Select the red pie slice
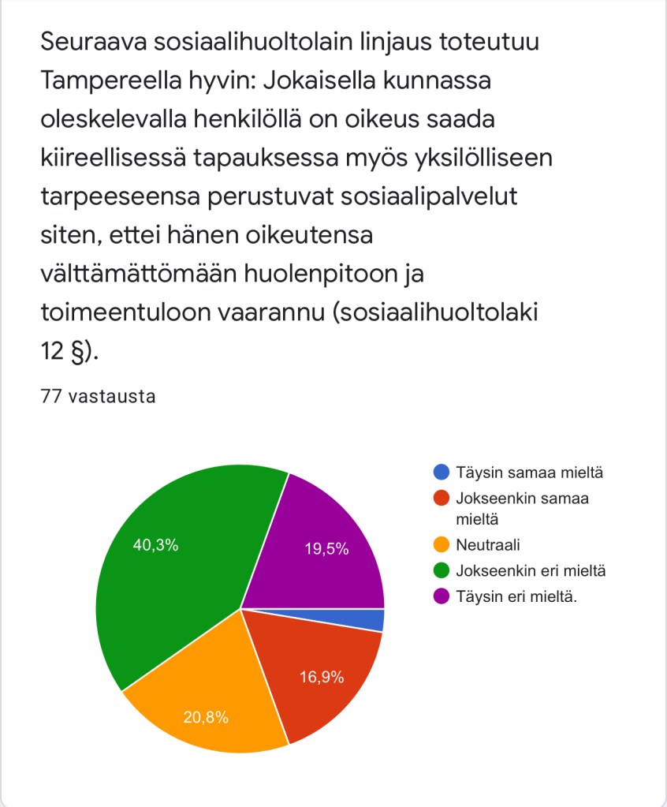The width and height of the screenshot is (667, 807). [x=323, y=671]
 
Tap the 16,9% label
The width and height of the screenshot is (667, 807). [x=321, y=678]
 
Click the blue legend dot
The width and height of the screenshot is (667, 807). [x=442, y=473]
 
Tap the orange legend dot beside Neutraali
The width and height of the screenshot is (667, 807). [x=442, y=544]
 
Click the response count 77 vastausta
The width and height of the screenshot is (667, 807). [x=97, y=396]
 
